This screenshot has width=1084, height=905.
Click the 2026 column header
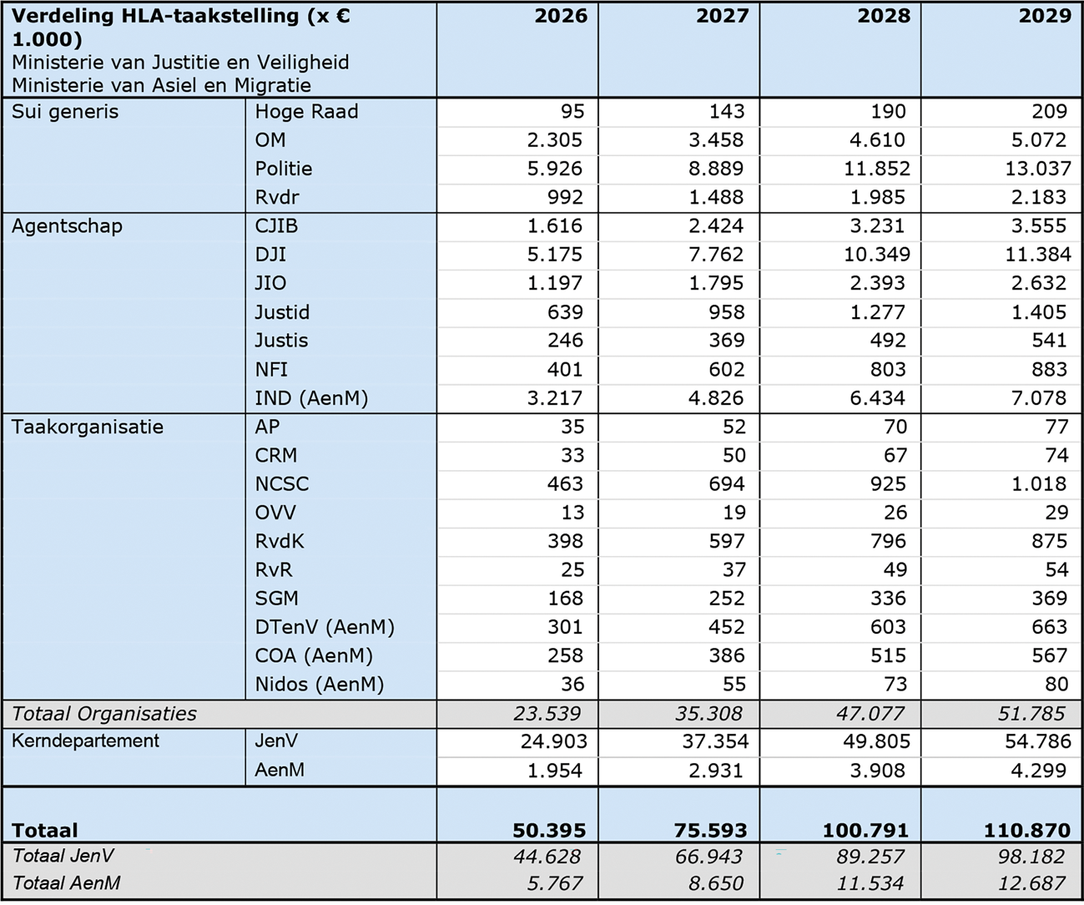[561, 16]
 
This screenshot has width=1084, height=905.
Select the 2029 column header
[1044, 16]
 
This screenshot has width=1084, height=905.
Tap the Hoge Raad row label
[306, 112]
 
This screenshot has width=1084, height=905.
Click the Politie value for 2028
[877, 169]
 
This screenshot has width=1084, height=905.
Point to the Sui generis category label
[65, 112]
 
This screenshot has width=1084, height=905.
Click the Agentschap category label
[67, 226]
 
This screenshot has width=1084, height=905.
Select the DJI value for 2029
[1037, 255]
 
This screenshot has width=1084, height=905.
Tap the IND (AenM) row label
[311, 398]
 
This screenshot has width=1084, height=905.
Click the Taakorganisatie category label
[88, 427]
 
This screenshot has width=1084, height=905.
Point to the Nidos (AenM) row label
[319, 685]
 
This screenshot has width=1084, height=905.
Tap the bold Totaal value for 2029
[1028, 831]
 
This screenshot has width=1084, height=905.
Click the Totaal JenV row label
[63, 856]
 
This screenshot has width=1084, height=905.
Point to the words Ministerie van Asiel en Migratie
[161, 85]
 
